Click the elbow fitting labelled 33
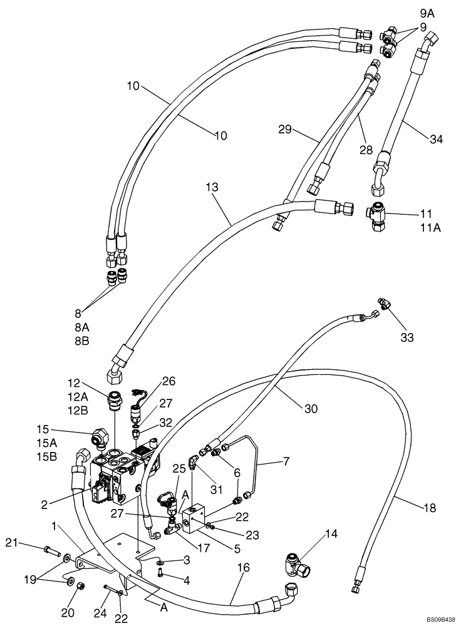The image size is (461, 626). (383, 305)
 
